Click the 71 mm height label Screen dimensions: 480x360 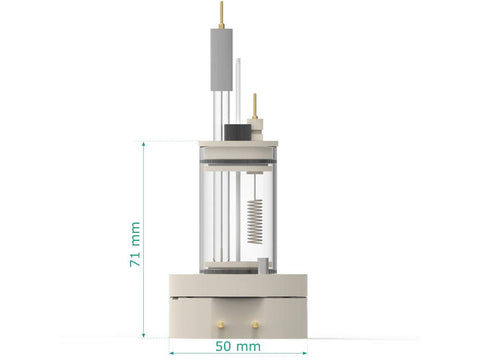point(135,244)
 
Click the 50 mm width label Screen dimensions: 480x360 point(238,346)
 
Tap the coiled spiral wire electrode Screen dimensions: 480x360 point(255,221)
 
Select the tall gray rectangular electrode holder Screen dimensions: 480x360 point(221,59)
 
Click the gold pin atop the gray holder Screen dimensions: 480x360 point(221,15)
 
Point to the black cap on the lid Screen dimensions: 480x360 point(238,132)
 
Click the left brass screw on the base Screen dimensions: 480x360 point(220,324)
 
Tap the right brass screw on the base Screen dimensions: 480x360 point(255,324)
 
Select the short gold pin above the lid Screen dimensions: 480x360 point(255,106)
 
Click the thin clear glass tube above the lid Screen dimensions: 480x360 point(238,90)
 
